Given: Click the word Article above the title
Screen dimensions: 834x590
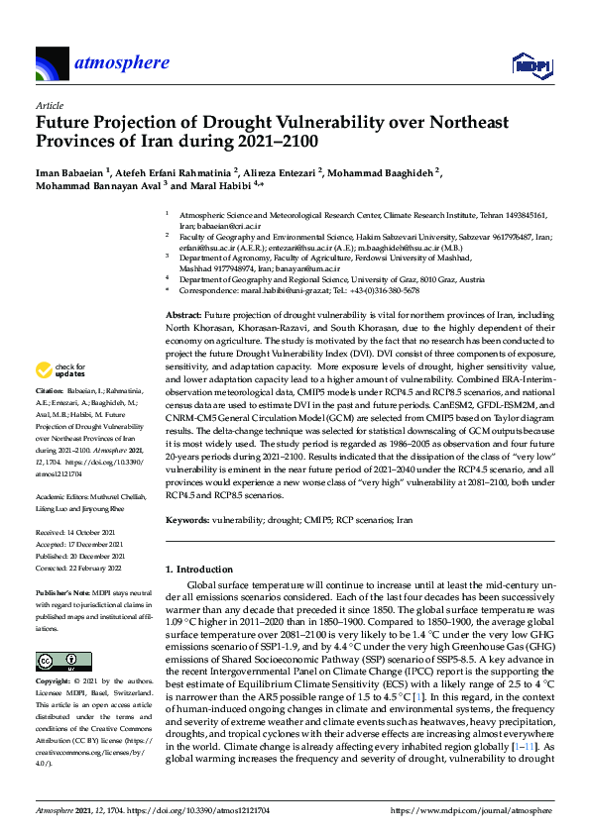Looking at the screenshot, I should [x=49, y=105].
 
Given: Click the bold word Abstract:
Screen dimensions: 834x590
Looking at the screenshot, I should [x=183, y=313].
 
